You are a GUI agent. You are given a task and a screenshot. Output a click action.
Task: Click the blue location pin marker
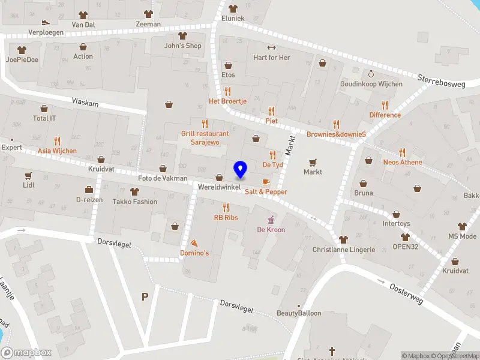[x=241, y=169]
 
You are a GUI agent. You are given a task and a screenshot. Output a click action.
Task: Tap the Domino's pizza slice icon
[x=194, y=243]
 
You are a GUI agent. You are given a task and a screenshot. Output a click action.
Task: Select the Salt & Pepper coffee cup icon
[x=266, y=181]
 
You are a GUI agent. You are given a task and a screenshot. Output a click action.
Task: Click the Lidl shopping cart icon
[x=28, y=176]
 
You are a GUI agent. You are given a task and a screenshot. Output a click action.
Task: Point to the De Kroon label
[x=271, y=230]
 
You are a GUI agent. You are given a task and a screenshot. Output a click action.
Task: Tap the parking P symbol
[x=144, y=296]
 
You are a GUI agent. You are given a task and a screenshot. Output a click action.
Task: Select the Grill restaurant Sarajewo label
[x=205, y=138]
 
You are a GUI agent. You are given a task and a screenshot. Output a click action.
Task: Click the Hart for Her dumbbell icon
[x=271, y=48]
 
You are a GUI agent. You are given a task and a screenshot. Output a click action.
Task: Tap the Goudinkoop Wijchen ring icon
[x=371, y=74]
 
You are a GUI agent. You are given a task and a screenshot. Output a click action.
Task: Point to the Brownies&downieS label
[x=336, y=134]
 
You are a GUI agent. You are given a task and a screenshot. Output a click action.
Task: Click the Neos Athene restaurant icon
[x=403, y=152]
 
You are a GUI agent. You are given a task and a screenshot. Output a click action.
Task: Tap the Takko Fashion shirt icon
[x=134, y=191]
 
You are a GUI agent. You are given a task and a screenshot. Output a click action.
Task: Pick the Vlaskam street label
[x=85, y=103]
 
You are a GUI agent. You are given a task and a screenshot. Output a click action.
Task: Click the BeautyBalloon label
[x=299, y=313]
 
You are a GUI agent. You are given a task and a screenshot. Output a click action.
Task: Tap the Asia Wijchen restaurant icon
[x=57, y=141]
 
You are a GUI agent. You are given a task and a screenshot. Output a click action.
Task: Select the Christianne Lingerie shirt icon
[x=343, y=239]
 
